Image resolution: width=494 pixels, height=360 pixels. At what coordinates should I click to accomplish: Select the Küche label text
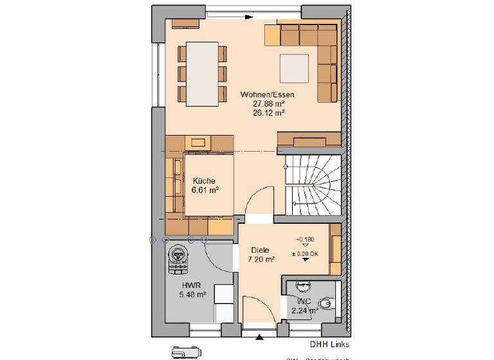click(x=203, y=181)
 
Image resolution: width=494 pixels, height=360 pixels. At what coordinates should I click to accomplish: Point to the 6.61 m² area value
click(x=205, y=190)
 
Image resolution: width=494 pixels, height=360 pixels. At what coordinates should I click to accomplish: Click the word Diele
click(x=261, y=251)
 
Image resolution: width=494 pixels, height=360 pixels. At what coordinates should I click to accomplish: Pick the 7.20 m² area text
click(x=261, y=260)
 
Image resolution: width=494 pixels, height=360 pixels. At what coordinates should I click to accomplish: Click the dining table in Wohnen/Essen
click(x=201, y=73)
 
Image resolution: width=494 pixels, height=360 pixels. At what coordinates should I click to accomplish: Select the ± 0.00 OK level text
click(x=305, y=253)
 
